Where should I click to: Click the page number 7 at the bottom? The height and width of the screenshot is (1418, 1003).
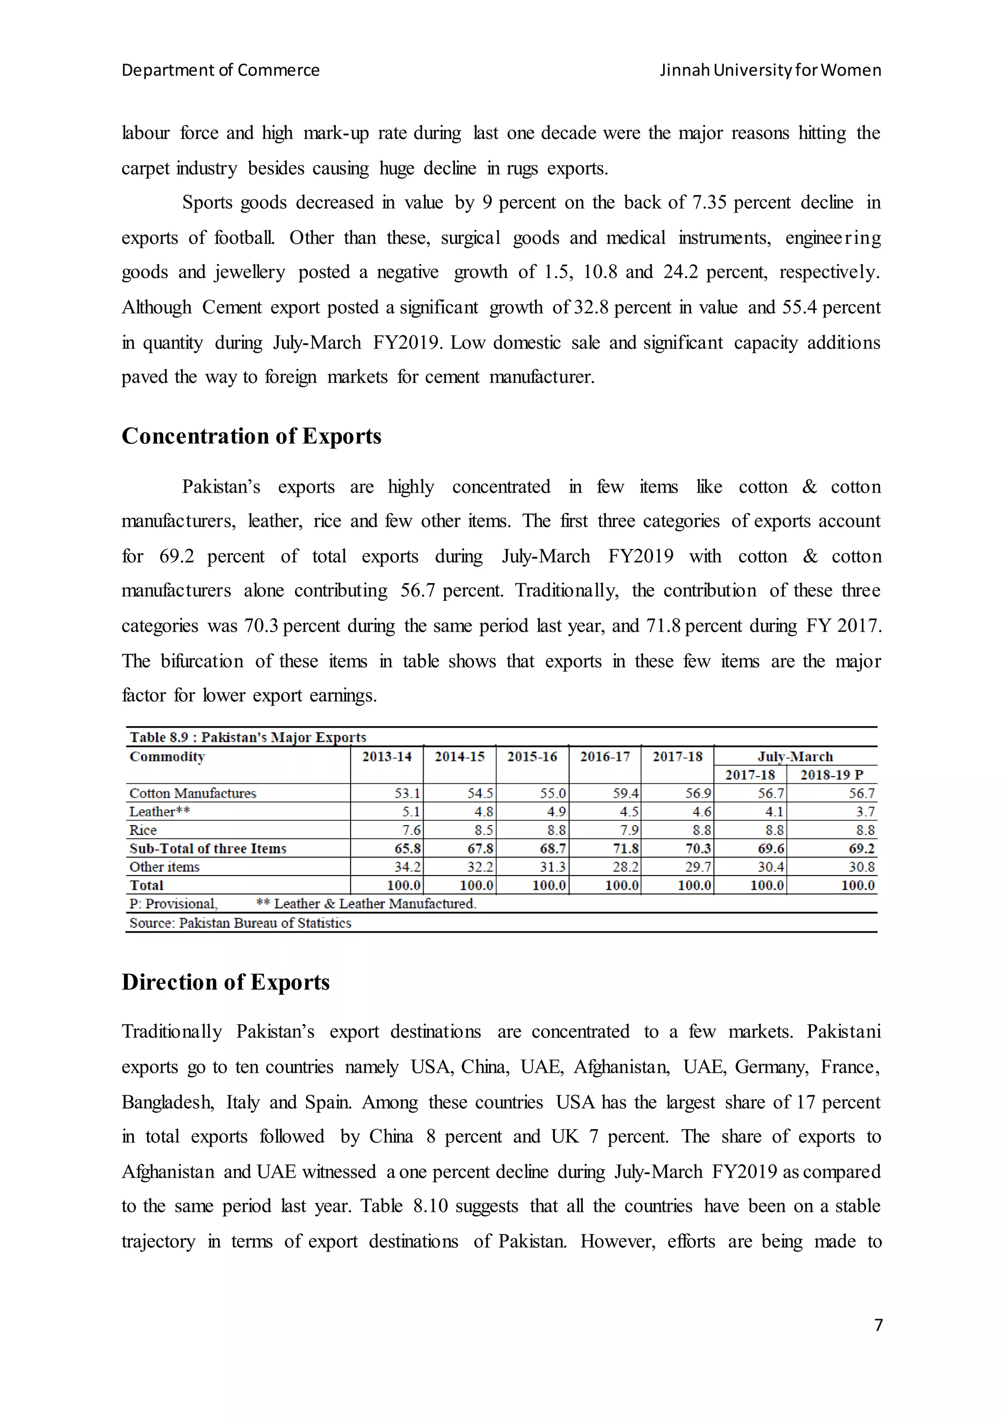pos(878,1325)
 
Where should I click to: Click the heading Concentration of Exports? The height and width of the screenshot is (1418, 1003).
pos(251,436)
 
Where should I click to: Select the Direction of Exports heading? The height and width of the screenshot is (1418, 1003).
pos(225,982)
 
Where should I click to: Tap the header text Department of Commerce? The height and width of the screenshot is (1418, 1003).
pos(220,70)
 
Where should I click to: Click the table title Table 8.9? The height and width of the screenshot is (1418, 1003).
pos(248,737)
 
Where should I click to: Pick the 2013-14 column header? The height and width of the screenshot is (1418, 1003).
pos(386,756)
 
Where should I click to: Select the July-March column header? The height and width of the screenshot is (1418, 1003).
pos(795,756)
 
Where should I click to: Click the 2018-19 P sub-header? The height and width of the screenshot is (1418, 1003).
pos(831,775)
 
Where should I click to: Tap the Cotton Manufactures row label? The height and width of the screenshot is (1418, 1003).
pos(192,793)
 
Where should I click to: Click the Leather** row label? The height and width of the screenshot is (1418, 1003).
pos(159,811)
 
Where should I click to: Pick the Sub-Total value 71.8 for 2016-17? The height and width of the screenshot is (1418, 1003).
pos(625,849)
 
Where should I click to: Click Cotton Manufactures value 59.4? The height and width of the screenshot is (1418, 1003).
pos(625,793)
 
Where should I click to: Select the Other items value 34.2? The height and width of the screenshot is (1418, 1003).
pos(407,867)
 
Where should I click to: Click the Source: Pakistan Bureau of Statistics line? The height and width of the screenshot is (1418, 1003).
pos(240,922)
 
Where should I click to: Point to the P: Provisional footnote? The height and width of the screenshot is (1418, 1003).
pos(173,903)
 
